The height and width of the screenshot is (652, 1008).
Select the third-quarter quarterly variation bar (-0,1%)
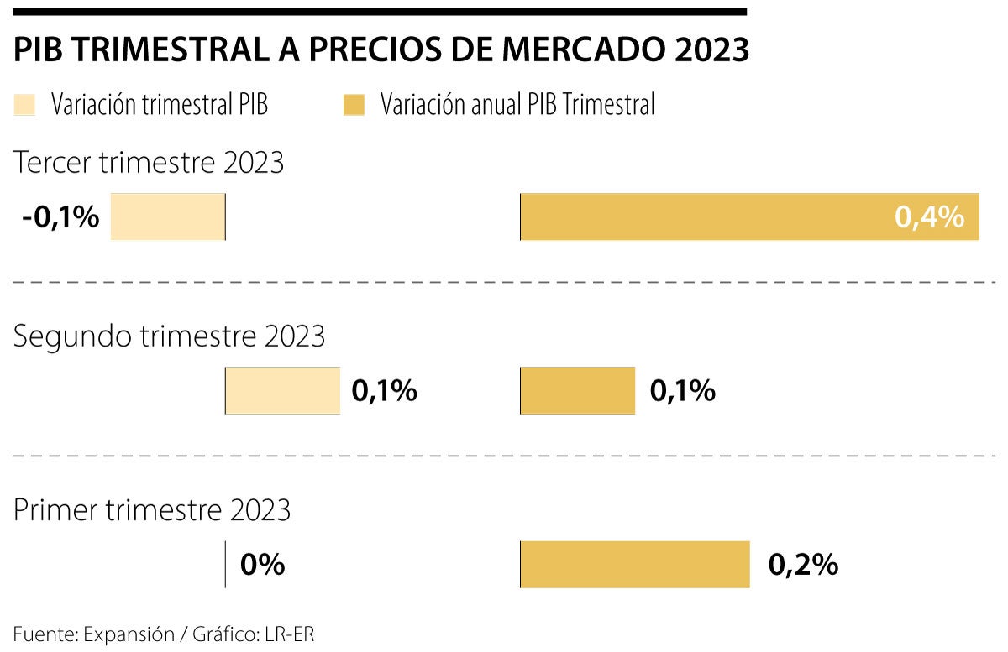click(x=168, y=217)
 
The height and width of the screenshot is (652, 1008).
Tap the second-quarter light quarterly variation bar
click(x=283, y=390)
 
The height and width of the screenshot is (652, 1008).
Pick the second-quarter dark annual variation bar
click(x=578, y=390)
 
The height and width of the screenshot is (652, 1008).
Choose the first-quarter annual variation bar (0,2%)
click(x=635, y=565)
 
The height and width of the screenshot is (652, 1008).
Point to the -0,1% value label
click(x=60, y=217)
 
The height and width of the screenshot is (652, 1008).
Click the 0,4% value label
click(x=929, y=217)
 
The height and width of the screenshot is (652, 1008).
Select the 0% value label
click(x=262, y=565)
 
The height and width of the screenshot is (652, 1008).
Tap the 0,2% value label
click(x=803, y=565)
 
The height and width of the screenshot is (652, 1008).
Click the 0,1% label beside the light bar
click(x=385, y=390)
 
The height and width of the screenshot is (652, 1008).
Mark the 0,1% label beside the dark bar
click(x=682, y=390)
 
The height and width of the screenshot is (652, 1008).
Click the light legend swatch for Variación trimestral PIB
click(x=24, y=105)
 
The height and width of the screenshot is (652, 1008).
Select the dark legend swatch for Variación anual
click(x=354, y=105)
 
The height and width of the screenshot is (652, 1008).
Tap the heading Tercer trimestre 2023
click(x=150, y=163)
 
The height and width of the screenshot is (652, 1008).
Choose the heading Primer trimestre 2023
click(x=152, y=510)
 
